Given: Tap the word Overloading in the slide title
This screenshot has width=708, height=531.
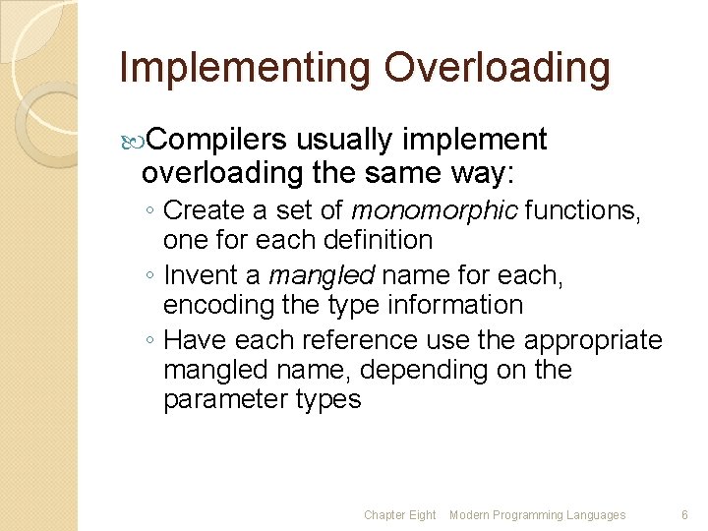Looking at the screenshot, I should point(498,68).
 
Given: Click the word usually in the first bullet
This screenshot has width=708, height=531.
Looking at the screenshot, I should point(350,141).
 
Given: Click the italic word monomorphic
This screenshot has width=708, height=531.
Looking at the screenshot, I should point(436,209).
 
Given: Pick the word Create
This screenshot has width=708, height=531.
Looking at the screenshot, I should point(203,209).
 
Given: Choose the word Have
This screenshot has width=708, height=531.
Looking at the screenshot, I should point(193,340).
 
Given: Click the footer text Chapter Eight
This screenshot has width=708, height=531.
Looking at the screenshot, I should point(399,515).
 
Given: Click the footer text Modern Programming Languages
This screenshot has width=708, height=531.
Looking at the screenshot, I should point(537,515).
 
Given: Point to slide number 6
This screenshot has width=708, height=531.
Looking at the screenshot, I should point(684,515).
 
